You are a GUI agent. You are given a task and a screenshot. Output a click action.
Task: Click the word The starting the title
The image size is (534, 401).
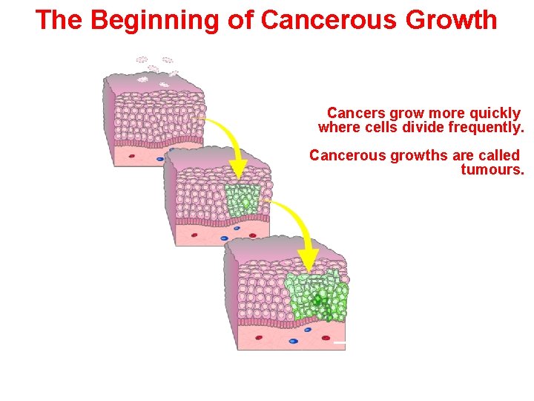click(59, 20)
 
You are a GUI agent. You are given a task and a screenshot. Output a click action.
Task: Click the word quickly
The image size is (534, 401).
click(495, 114)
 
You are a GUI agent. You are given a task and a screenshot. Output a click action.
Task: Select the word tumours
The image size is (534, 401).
click(492, 170)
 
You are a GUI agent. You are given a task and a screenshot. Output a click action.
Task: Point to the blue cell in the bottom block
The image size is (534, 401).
click(293, 341)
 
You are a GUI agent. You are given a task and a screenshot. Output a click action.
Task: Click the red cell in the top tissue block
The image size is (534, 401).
click(132, 156)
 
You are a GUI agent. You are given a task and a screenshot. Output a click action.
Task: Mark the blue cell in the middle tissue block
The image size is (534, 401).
click(224, 238)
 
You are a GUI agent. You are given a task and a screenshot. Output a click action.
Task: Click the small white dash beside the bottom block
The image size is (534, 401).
click(339, 343)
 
